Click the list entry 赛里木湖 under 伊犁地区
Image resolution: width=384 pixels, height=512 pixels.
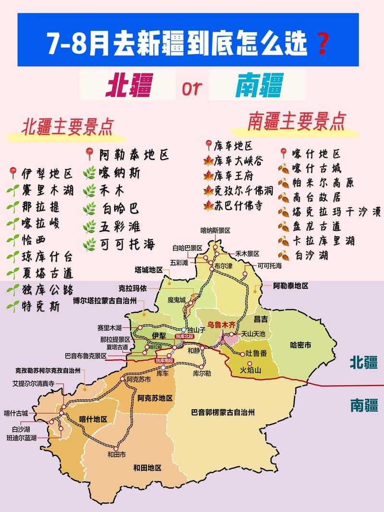point(47,191)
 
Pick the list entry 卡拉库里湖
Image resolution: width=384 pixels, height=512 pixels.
point(317,240)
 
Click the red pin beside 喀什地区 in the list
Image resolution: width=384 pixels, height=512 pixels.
point(283,154)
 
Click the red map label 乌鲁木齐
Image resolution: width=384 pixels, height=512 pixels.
point(219,325)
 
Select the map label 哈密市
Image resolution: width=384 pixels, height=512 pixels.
point(301,345)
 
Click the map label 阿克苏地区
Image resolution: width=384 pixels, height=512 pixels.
point(155,398)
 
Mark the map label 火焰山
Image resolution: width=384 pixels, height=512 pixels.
point(250,370)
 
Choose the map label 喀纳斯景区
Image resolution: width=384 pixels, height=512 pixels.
point(216,230)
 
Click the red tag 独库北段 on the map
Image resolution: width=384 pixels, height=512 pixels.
point(184,337)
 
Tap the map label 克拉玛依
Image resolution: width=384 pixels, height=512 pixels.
point(133,289)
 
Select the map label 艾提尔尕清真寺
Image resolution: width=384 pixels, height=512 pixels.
point(38,383)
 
